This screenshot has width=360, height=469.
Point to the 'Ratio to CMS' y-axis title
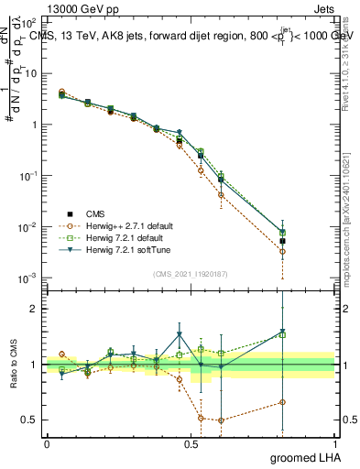pyautogui.click(x=13, y=365)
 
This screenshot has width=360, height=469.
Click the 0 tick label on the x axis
pyautogui.click(x=47, y=443)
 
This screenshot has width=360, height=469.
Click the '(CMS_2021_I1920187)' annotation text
pyautogui.click(x=190, y=272)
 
